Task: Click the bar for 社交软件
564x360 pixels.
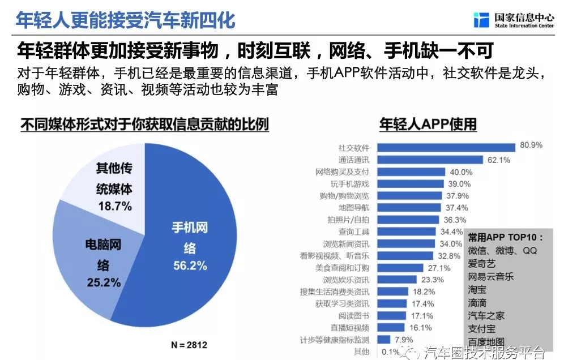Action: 446,147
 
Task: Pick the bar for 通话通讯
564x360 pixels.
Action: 430,160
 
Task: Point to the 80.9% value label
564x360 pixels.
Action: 531,145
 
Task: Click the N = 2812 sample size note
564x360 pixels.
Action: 190,344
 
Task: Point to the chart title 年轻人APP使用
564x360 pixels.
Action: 428,123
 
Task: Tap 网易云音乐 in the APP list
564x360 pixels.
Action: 491,277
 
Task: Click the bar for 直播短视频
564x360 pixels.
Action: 391,327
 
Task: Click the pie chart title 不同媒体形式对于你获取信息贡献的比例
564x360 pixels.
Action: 144,123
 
